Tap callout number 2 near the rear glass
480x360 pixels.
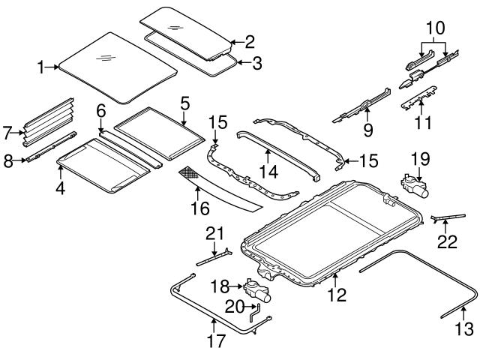pos(250,42)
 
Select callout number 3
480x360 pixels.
pos(256,63)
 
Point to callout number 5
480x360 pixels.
pos(184,100)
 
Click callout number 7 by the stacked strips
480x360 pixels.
pos(8,133)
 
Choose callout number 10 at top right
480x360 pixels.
pos(436,28)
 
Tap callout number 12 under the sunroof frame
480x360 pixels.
pos(337,295)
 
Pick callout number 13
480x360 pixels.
pos(466,328)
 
